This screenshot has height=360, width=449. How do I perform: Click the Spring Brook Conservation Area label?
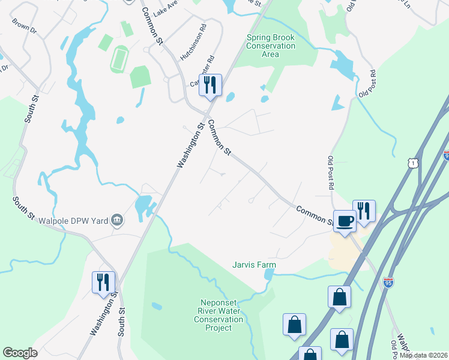271,46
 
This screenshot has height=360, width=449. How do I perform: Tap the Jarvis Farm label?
255,264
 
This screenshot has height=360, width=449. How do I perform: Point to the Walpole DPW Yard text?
73,221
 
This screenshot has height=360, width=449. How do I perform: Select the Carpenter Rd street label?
203,71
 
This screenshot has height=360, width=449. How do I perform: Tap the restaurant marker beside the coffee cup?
364,211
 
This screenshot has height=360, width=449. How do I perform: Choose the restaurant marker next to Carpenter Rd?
210,85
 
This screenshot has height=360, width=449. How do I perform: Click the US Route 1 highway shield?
412,163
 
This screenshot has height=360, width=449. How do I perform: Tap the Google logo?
20,353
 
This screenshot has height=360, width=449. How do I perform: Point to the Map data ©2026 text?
423,355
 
